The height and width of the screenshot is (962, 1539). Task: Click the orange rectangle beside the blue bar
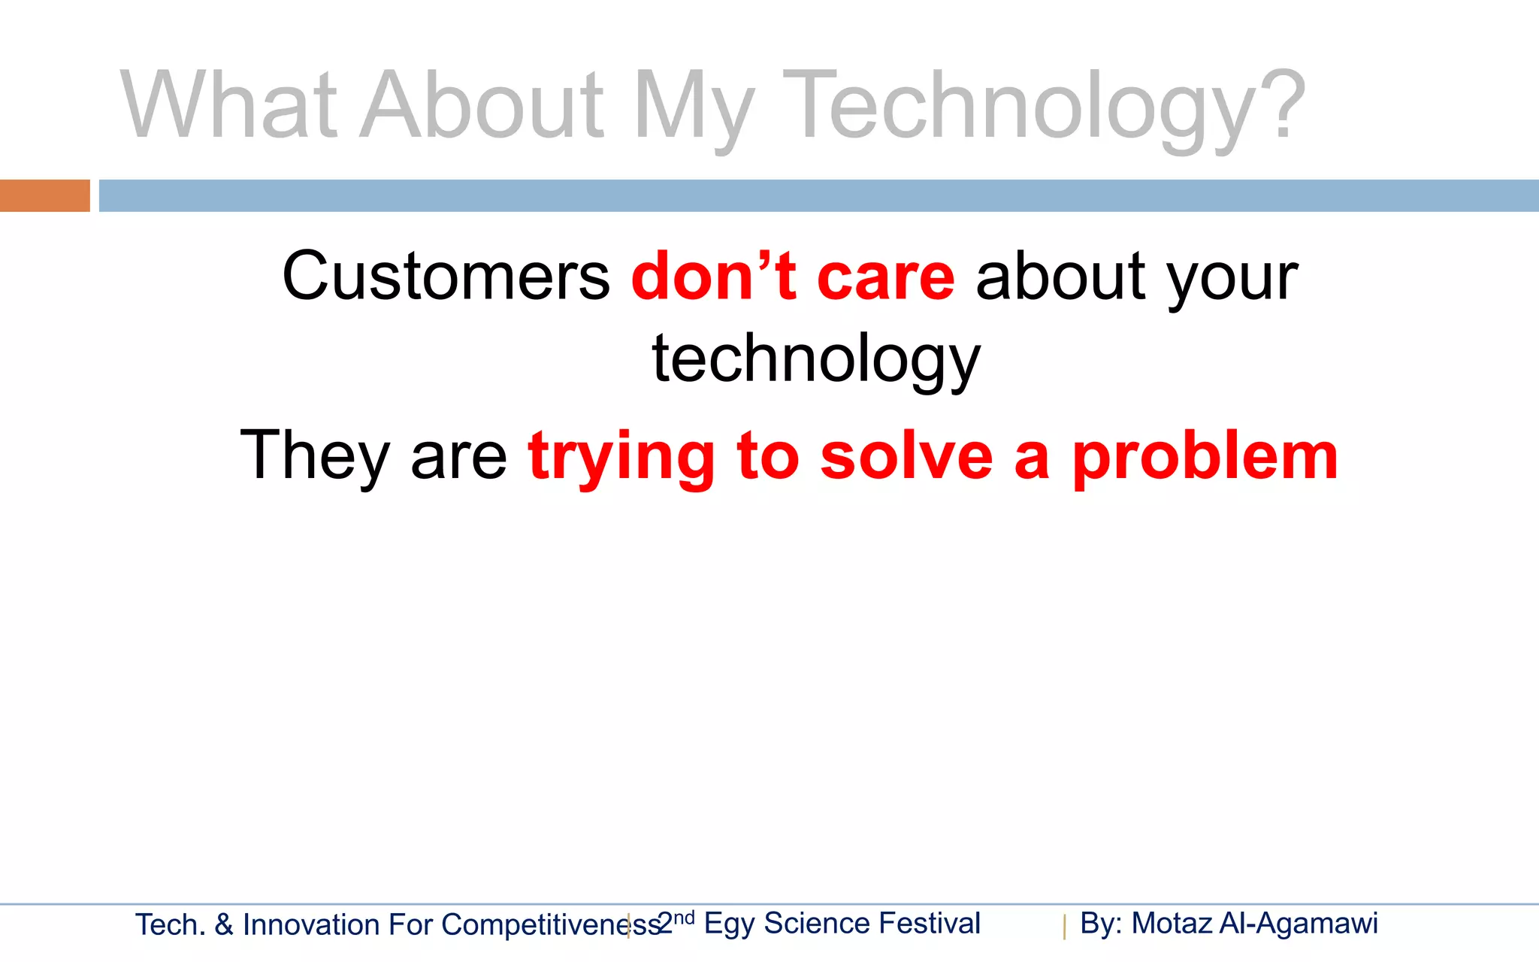(x=44, y=195)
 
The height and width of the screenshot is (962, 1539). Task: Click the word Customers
(x=446, y=277)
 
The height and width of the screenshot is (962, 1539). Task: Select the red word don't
(x=714, y=277)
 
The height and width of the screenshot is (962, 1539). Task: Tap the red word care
(x=885, y=277)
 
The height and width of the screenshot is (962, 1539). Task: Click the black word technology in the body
(x=816, y=359)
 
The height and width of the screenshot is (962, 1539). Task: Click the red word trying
(x=621, y=457)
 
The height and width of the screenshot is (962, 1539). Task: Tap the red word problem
(x=1205, y=457)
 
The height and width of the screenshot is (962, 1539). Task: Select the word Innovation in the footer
(x=311, y=925)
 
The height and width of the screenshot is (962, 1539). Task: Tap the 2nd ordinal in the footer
(x=675, y=922)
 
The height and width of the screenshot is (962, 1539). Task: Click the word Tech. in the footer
(x=170, y=925)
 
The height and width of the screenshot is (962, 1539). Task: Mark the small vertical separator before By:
(x=1064, y=927)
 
